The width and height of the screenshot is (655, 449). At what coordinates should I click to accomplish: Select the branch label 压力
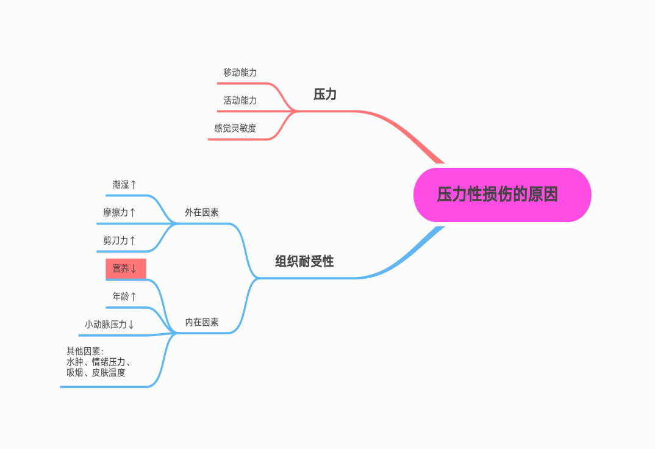tap(325, 94)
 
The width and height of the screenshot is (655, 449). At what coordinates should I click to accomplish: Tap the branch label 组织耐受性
tap(304, 262)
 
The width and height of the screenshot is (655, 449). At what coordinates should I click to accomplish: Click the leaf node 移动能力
tap(240, 73)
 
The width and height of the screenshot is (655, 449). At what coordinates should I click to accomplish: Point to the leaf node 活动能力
tap(240, 101)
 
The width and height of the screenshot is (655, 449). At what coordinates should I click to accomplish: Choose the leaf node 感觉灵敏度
tap(235, 129)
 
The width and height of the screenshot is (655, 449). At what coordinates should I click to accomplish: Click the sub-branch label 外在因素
tap(202, 212)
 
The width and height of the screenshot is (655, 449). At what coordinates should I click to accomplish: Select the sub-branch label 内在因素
tap(202, 322)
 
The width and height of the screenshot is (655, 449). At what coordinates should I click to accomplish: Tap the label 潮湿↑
tap(124, 184)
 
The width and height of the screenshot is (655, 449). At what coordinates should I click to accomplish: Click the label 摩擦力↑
tap(120, 212)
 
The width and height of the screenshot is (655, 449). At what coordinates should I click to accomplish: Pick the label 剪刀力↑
tap(120, 240)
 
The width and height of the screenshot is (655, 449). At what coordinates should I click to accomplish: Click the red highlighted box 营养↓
tap(126, 268)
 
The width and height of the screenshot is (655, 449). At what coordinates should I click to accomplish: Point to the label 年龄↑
tap(124, 296)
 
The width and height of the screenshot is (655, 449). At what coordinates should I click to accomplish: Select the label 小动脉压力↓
tap(110, 325)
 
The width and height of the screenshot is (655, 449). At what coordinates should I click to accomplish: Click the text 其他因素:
tap(85, 351)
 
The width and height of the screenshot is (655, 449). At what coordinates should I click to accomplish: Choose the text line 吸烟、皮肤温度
tap(96, 372)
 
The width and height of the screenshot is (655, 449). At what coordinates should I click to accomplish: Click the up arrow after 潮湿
tap(134, 184)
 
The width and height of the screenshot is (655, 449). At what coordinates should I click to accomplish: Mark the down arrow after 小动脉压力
tap(131, 325)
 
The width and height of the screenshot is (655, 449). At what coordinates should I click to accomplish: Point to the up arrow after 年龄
tap(134, 296)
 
